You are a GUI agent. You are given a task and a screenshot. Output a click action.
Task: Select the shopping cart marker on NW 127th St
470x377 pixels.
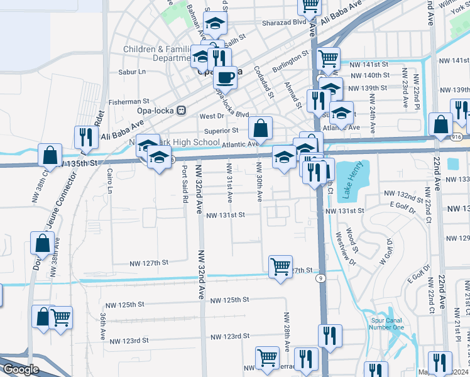coord(280,266)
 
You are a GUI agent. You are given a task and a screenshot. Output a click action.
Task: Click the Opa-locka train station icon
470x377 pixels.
coord(181,110)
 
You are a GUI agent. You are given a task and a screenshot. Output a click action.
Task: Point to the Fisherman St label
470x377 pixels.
coord(129,101)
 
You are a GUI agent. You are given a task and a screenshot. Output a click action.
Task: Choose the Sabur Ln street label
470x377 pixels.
coord(132,72)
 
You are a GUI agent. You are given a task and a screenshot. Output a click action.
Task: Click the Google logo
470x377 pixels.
coord(20,369)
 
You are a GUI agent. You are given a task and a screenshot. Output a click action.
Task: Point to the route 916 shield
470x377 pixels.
coord(456,136)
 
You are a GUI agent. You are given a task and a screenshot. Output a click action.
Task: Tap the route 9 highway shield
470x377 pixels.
coord(320,278)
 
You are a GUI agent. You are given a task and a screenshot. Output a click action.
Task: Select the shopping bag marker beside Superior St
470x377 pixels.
coord(260,128)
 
